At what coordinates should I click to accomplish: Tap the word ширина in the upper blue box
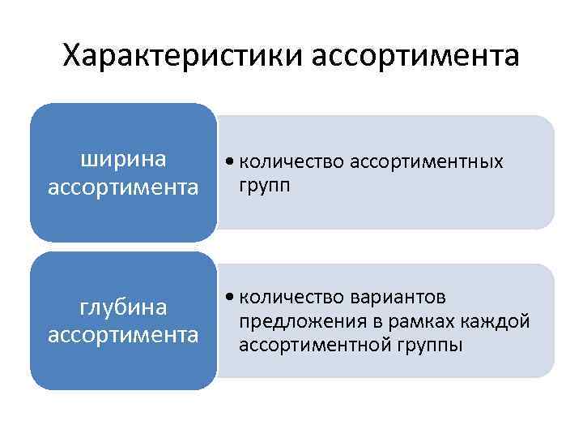123,160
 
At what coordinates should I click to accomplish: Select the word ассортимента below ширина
123,187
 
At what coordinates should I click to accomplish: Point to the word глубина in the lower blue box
123,307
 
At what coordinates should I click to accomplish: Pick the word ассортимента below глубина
123,334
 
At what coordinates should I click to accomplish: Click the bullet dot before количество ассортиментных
232,162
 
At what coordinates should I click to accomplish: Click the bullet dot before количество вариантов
232,298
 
